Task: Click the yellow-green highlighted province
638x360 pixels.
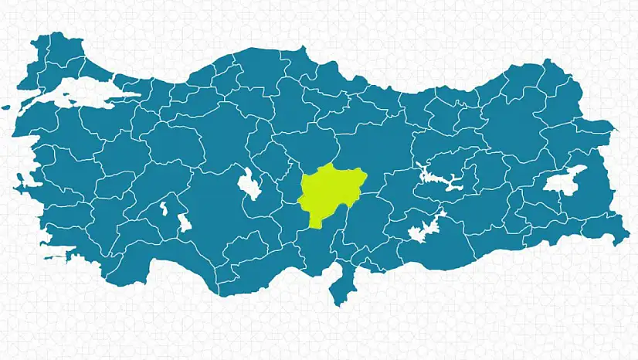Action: pyautogui.click(x=329, y=193)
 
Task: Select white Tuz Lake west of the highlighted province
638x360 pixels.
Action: pyautogui.click(x=248, y=184)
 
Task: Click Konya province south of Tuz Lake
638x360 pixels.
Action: pyautogui.click(x=224, y=224)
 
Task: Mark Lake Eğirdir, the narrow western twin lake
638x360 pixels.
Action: pyautogui.click(x=163, y=208)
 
